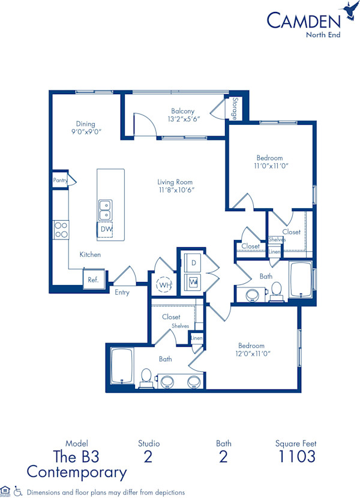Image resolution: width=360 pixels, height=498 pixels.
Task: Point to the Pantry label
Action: (x=60, y=180)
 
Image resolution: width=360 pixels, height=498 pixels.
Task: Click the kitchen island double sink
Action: (x=104, y=210)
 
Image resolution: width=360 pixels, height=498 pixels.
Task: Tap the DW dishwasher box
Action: (x=106, y=229)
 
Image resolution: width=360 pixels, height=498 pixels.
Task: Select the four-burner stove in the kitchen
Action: (x=61, y=230)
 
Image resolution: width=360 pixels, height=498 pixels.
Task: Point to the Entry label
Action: (x=122, y=293)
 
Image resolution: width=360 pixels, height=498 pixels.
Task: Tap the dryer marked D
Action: (x=194, y=263)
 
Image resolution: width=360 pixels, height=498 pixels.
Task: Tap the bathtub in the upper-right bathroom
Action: (x=300, y=279)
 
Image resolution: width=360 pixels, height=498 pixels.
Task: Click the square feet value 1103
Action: (x=296, y=457)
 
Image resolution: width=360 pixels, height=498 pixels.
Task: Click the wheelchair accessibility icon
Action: (x=18, y=491)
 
